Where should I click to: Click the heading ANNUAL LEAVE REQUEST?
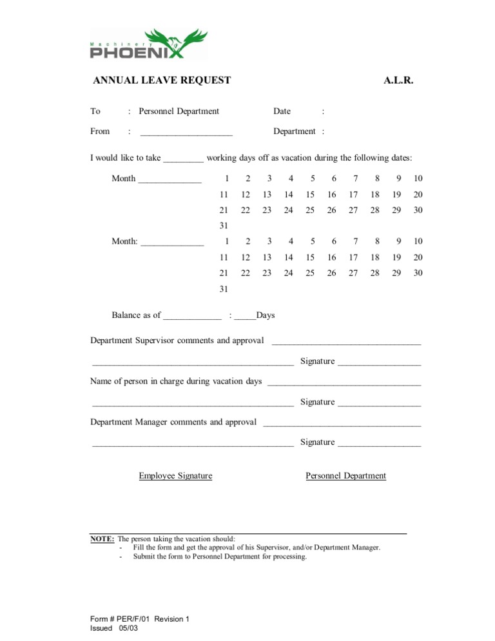[x=162, y=81]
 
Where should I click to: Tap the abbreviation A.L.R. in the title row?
[x=398, y=81]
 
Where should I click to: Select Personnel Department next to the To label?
[x=179, y=111]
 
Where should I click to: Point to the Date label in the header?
[x=282, y=111]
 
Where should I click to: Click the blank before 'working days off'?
[x=184, y=158]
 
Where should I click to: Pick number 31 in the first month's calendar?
[x=223, y=226]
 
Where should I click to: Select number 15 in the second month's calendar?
[x=310, y=257]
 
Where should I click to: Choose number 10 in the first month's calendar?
[x=418, y=179]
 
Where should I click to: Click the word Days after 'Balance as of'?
[x=266, y=315]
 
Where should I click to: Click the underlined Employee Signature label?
[x=175, y=476]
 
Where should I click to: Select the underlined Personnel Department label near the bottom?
[x=345, y=476]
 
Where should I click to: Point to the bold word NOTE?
[x=102, y=538]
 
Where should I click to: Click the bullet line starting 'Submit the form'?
[x=220, y=557]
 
